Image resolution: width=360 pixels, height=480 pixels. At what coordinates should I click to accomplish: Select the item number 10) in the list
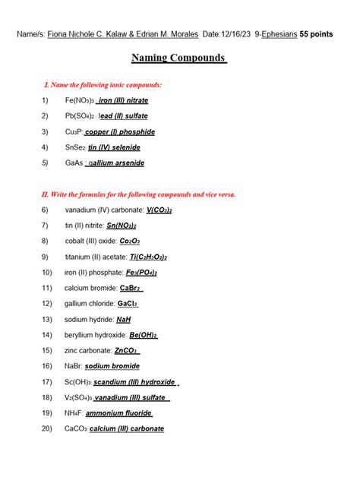pyautogui.click(x=47, y=272)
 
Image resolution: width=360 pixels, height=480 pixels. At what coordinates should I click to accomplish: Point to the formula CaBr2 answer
pyautogui.click(x=131, y=288)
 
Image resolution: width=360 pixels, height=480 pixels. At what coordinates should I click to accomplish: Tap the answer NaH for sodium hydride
pyautogui.click(x=124, y=319)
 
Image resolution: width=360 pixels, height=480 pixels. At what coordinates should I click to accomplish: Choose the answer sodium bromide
pyautogui.click(x=112, y=366)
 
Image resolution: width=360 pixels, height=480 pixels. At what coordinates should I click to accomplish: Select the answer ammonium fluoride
pyautogui.click(x=118, y=413)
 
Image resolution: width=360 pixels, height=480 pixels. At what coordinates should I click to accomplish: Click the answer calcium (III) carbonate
pyautogui.click(x=126, y=428)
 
